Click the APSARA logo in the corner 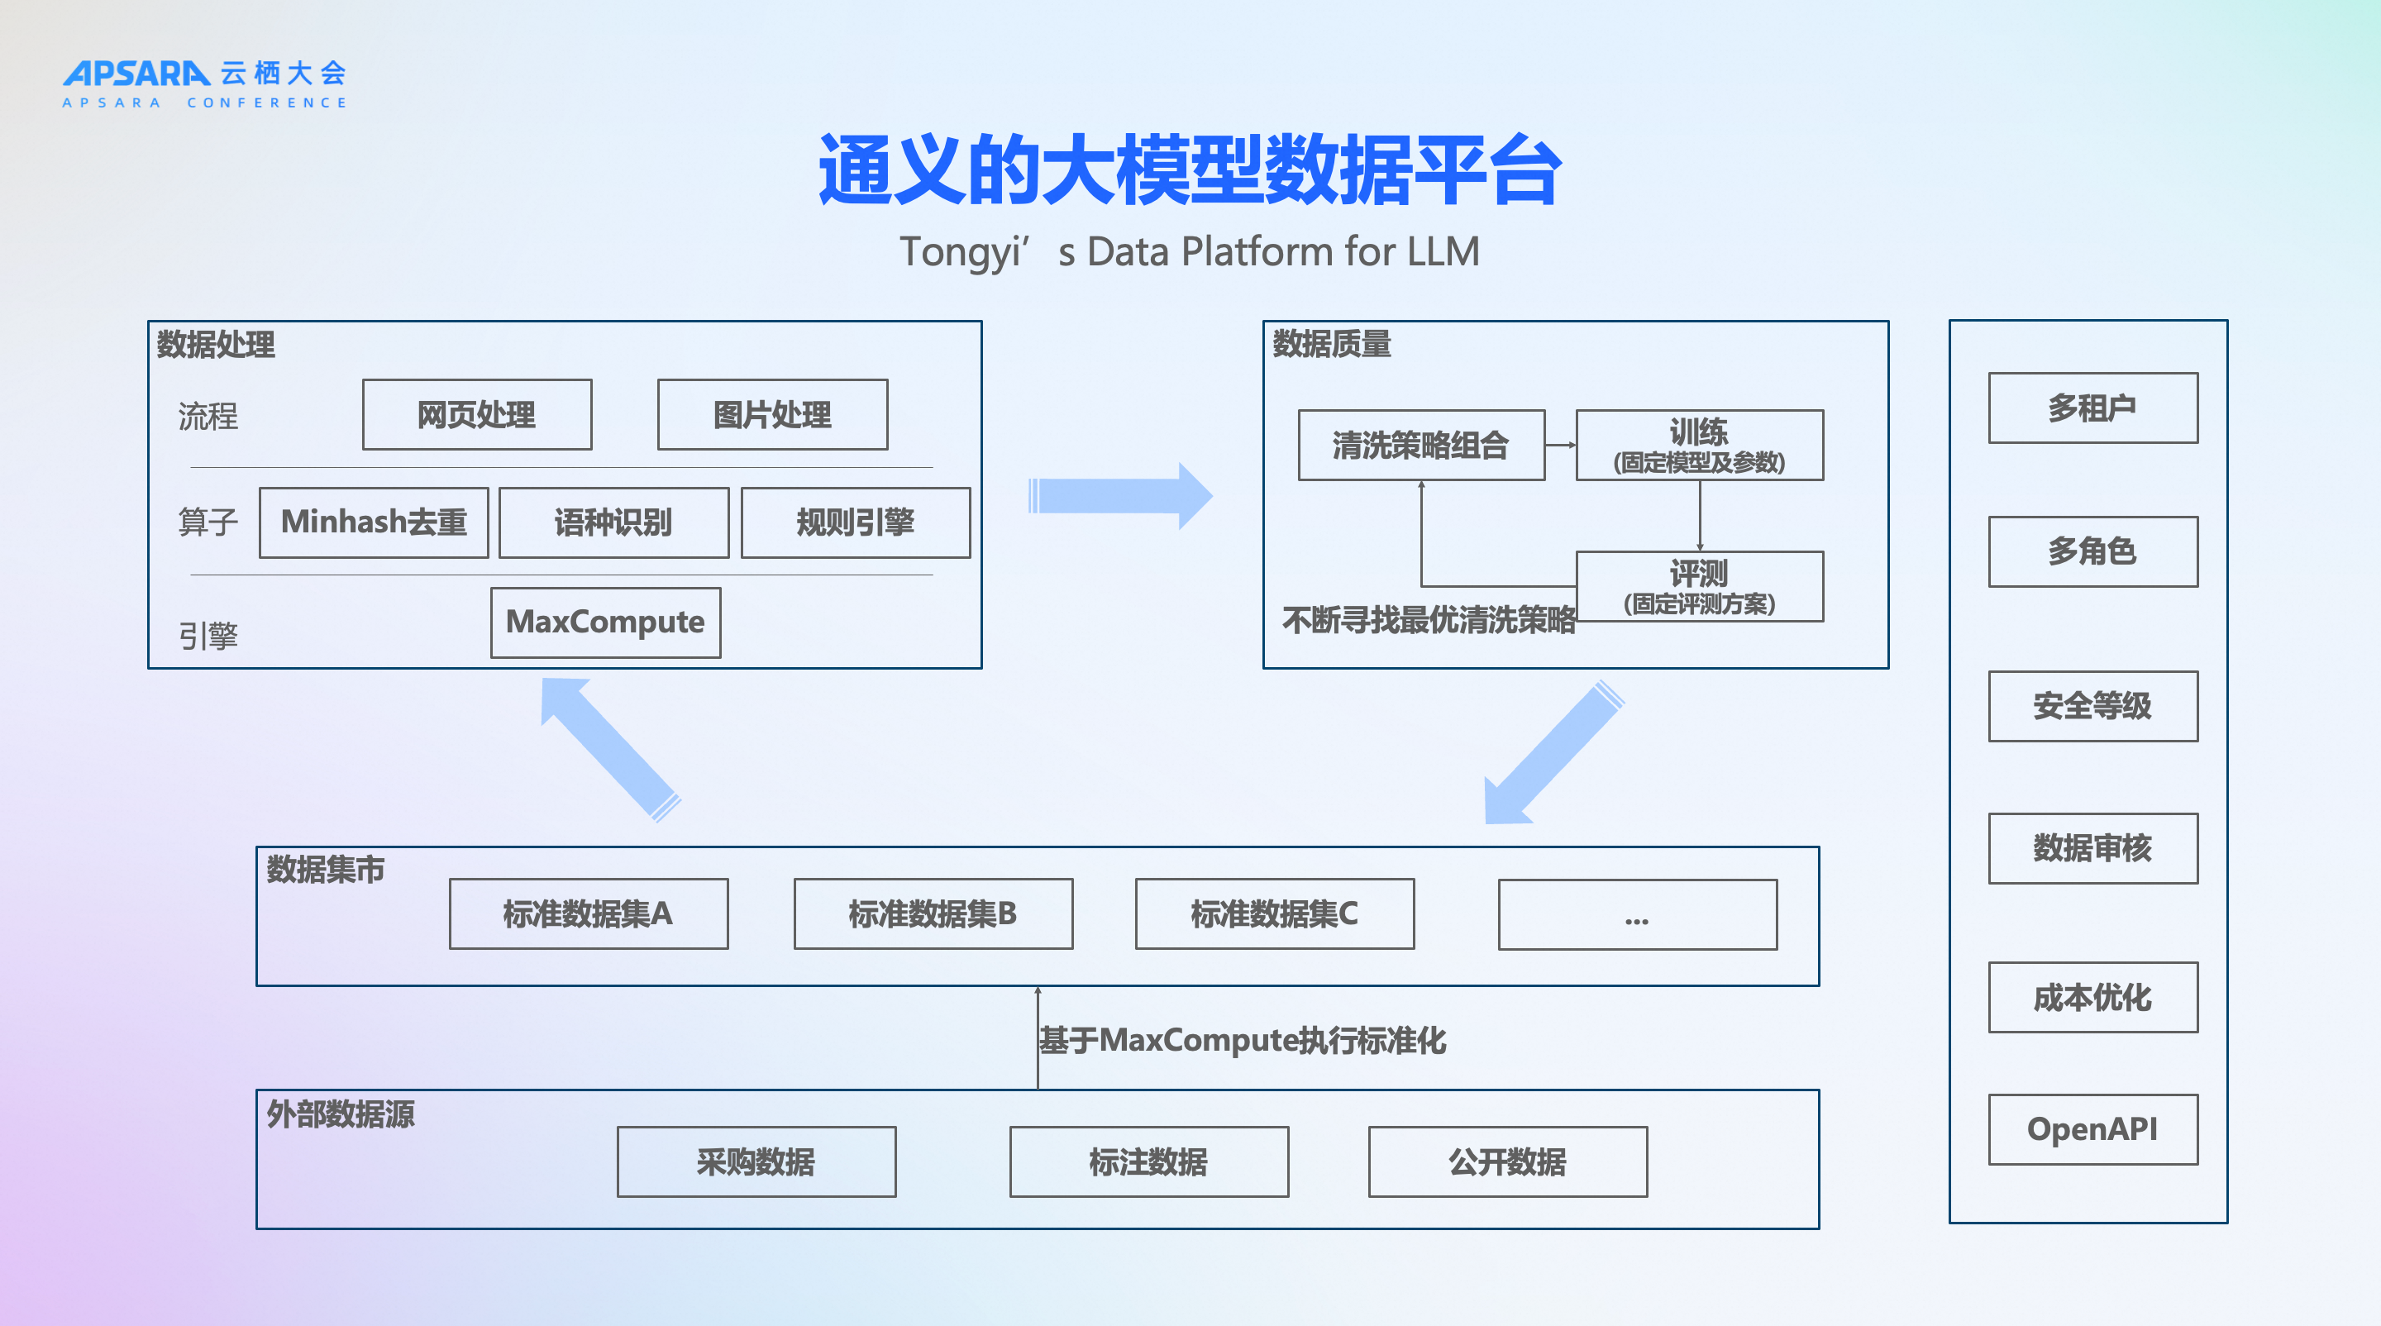pyautogui.click(x=204, y=83)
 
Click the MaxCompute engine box pyautogui.click(x=605, y=622)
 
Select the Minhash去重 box pyautogui.click(x=374, y=523)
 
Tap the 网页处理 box pyautogui.click(x=477, y=415)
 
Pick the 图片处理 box pyautogui.click(x=773, y=415)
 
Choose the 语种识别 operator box pyautogui.click(x=613, y=523)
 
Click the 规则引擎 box pyautogui.click(x=856, y=523)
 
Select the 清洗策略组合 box pyautogui.click(x=1420, y=446)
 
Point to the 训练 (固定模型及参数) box pyautogui.click(x=1699, y=446)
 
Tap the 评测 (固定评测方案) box pyautogui.click(x=1699, y=587)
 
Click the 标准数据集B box pyautogui.click(x=933, y=913)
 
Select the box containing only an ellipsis pyautogui.click(x=1637, y=915)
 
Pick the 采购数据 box pyautogui.click(x=756, y=1161)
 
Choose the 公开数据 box pyautogui.click(x=1507, y=1161)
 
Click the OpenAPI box pyautogui.click(x=2092, y=1129)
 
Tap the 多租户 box pyautogui.click(x=2092, y=408)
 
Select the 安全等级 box pyautogui.click(x=2092, y=706)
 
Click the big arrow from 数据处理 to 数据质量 pyautogui.click(x=1120, y=496)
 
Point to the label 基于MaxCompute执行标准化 pyautogui.click(x=1243, y=1041)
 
